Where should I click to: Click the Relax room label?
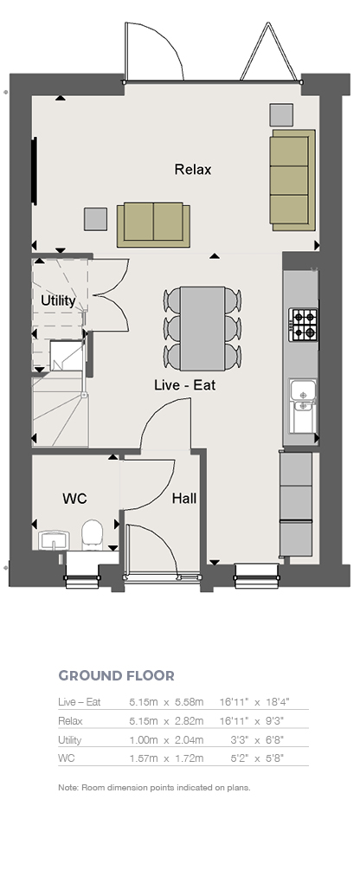pyautogui.click(x=193, y=170)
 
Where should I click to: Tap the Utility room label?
pyautogui.click(x=58, y=300)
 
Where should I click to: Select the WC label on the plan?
pyautogui.click(x=75, y=499)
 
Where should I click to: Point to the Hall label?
pyautogui.click(x=184, y=498)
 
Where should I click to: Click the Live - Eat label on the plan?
pyautogui.click(x=184, y=384)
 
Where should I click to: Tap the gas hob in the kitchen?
pyautogui.click(x=303, y=325)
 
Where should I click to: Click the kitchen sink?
pyautogui.click(x=302, y=405)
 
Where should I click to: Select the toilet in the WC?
pyautogui.click(x=92, y=533)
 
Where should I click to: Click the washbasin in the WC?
pyautogui.click(x=54, y=540)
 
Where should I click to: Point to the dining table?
pyautogui.click(x=202, y=328)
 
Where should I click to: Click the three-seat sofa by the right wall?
pyautogui.click(x=292, y=179)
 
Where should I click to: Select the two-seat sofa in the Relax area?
pyautogui.click(x=153, y=225)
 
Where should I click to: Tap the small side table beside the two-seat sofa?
pyautogui.click(x=95, y=219)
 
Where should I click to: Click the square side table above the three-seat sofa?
pyautogui.click(x=281, y=114)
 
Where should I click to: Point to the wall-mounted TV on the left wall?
pyautogui.click(x=35, y=171)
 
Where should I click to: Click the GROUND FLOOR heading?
pyautogui.click(x=116, y=675)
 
